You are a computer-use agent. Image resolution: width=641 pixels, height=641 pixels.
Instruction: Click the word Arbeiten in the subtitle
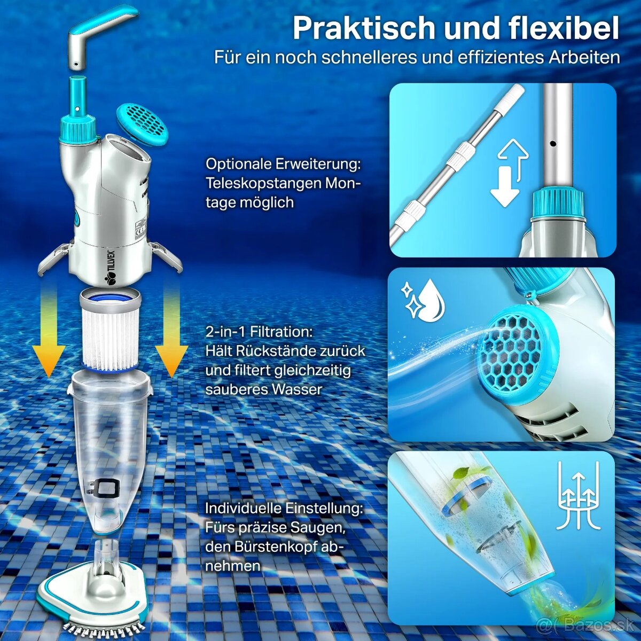[x=584, y=57]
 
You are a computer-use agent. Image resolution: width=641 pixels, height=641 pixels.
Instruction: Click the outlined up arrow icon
[x=513, y=157]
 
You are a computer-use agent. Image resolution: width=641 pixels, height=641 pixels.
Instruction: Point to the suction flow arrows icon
[x=579, y=496]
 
